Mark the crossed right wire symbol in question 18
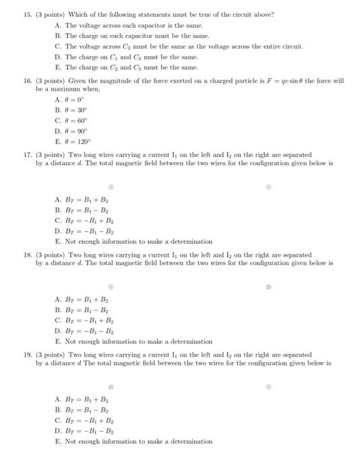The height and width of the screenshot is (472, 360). (x=268, y=287)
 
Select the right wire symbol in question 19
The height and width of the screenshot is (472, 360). (x=268, y=387)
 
